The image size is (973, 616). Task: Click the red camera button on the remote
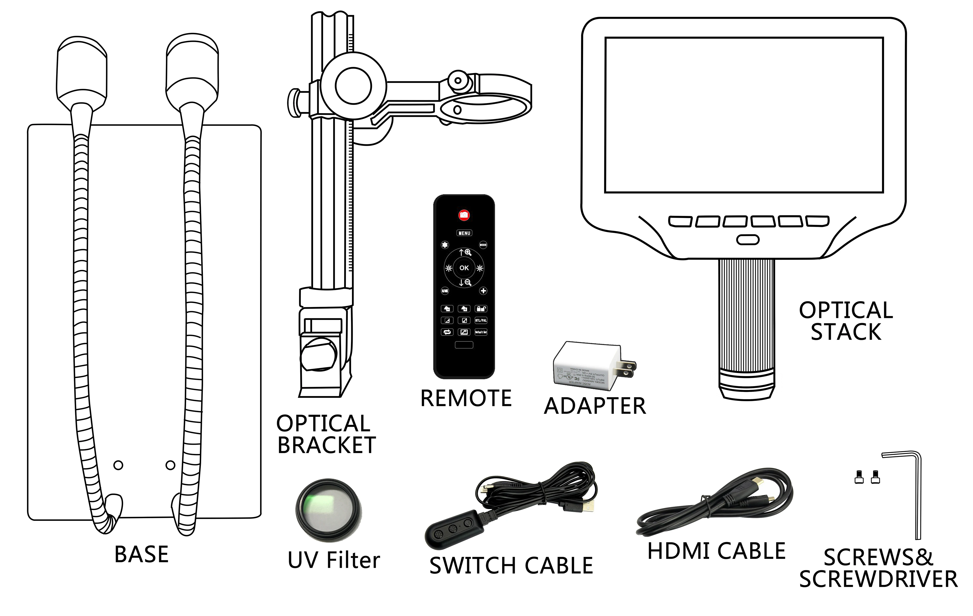[x=464, y=215]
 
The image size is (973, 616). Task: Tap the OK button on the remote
[x=464, y=268]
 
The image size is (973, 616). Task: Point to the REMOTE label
[x=466, y=398]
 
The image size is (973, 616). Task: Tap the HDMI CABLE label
[x=716, y=551]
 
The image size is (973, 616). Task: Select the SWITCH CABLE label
[x=511, y=565]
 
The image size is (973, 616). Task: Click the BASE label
[x=141, y=554]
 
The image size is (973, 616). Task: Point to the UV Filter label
[x=334, y=560]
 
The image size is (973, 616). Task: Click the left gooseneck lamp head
[x=82, y=73]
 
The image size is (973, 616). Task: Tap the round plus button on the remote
[x=483, y=291]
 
